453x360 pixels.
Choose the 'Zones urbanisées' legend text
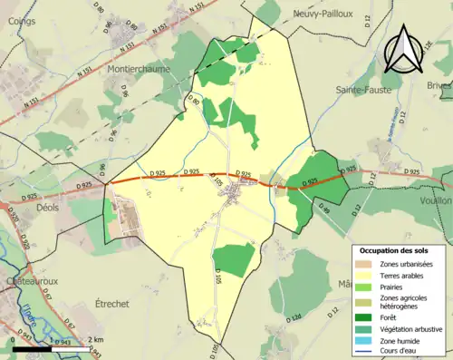pyautogui.click(x=408, y=263)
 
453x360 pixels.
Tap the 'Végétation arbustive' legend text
pyautogui.click(x=413, y=328)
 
